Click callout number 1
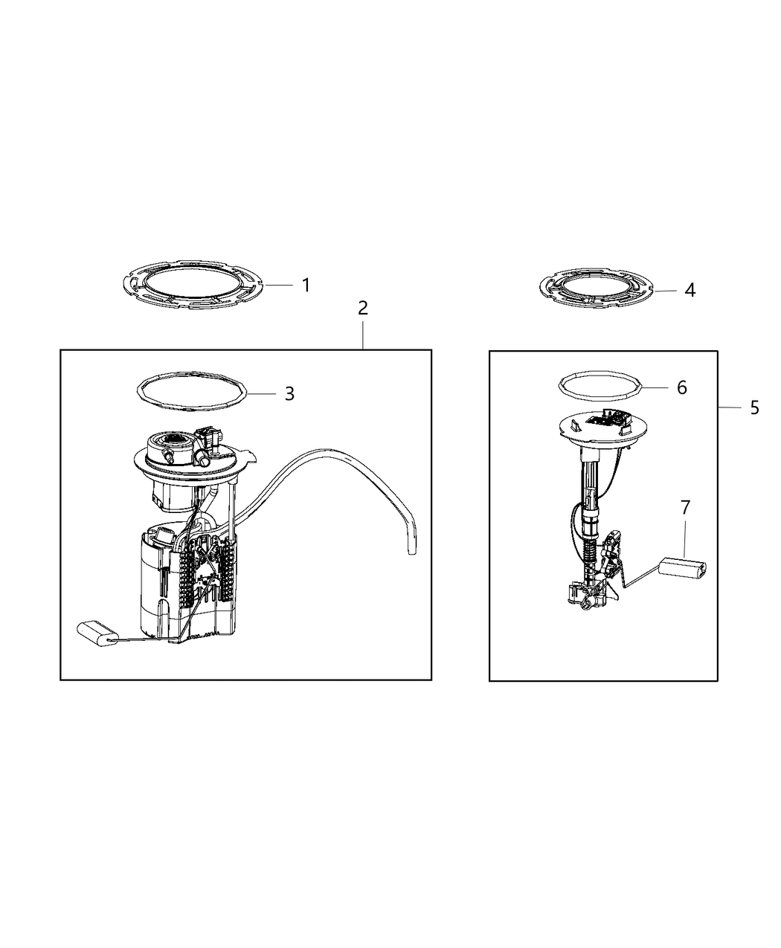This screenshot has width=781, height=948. (306, 285)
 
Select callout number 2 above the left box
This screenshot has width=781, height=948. (362, 309)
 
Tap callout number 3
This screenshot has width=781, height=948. (289, 394)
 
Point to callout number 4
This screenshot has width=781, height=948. (690, 290)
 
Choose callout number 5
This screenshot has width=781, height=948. (754, 407)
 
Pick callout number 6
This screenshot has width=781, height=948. (681, 387)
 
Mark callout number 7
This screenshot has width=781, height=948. (685, 508)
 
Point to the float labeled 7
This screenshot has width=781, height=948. (682, 567)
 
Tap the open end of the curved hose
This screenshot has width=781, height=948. (411, 552)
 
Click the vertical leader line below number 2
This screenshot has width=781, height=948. (362, 335)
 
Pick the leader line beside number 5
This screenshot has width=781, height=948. (730, 408)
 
